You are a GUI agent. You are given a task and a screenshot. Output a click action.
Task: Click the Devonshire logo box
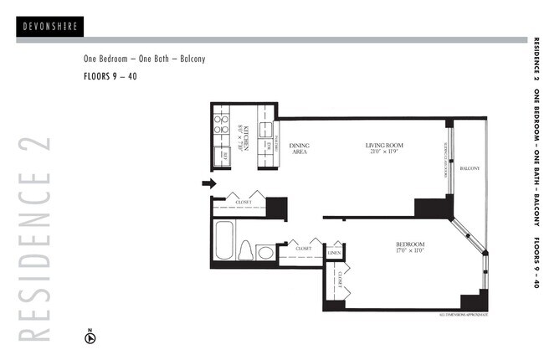[x=49, y=27]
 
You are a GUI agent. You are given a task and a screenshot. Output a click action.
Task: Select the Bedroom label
[x=410, y=244]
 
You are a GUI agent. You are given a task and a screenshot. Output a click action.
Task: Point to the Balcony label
[x=470, y=169]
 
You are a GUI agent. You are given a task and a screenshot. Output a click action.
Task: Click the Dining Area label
[x=300, y=150]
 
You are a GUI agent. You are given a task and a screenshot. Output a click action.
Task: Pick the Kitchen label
[x=240, y=131]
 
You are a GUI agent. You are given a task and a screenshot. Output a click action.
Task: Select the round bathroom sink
[x=264, y=251]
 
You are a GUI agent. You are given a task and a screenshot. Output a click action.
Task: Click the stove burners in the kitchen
[x=222, y=125]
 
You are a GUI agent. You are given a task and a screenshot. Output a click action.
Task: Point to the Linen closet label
[x=335, y=252]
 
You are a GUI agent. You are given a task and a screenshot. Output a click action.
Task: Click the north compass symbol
[x=90, y=337]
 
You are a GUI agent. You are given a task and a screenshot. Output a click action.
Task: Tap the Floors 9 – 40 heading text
[x=110, y=76]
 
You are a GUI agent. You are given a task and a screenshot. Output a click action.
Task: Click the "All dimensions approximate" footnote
[x=463, y=316]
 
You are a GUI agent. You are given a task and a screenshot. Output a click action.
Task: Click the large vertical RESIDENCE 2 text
[x=33, y=238]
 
